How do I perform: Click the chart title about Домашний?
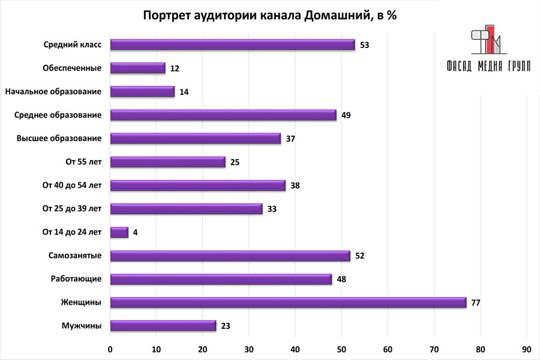270,16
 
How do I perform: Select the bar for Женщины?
288,302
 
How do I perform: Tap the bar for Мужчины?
163,326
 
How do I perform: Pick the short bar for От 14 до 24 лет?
119,232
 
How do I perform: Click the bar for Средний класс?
233,44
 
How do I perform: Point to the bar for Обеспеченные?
138,68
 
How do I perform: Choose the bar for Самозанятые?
230,256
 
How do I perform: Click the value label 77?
476,303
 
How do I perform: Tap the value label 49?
346,115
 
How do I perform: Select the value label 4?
136,232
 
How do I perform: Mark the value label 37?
290,139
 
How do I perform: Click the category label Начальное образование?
53,92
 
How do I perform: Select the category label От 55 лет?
81,162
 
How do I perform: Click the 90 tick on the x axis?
526,348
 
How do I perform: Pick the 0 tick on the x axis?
110,348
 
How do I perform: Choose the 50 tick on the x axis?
341,348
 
